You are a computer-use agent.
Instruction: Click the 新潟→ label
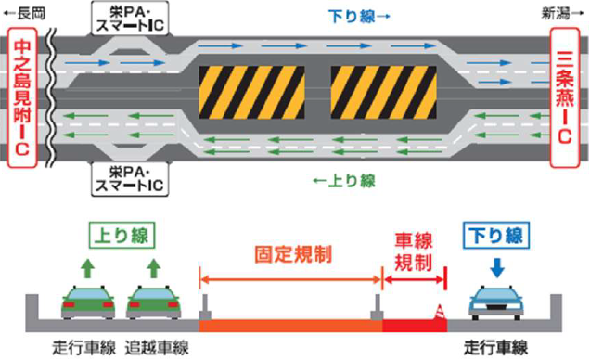(x=564, y=10)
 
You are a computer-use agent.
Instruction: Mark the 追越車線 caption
(x=159, y=348)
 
